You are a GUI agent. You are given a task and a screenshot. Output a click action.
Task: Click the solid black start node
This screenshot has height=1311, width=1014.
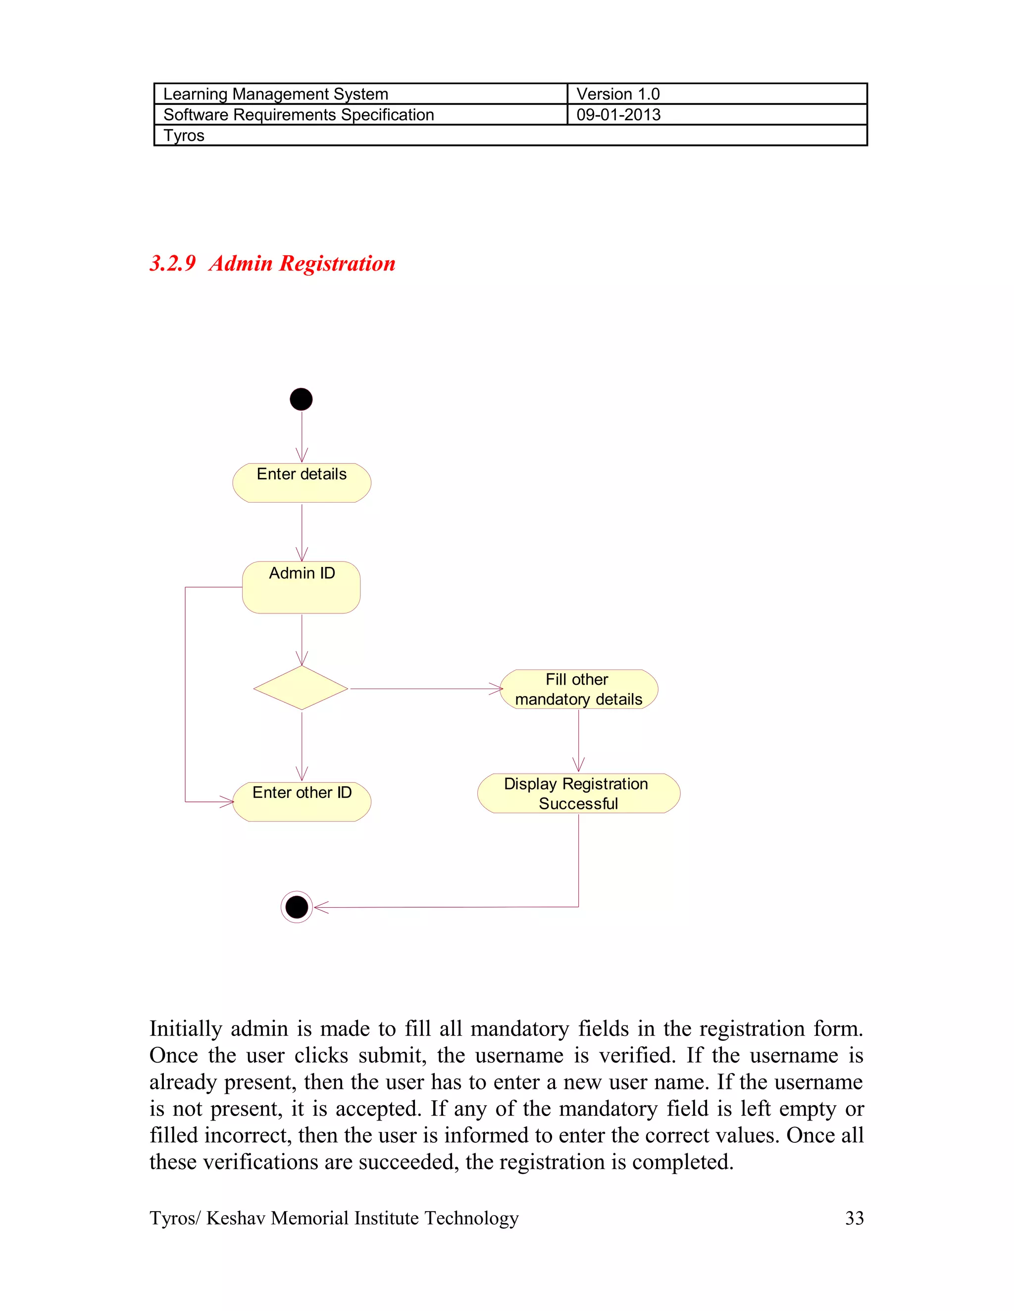click(301, 399)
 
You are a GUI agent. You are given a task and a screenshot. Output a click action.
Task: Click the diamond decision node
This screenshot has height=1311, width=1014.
click(301, 688)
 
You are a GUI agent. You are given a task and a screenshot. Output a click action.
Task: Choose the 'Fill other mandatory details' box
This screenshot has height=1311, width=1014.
click(578, 689)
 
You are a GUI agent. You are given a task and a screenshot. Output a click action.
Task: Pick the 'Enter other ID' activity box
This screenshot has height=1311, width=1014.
click(302, 801)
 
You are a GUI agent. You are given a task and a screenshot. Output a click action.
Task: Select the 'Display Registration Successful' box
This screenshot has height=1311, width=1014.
click(578, 793)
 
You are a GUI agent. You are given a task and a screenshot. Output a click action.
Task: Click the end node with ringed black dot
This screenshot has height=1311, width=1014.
click(297, 907)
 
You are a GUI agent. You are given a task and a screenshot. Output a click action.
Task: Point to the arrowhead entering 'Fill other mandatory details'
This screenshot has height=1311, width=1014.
click(497, 689)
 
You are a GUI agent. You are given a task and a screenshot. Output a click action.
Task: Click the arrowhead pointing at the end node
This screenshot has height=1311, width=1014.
click(321, 907)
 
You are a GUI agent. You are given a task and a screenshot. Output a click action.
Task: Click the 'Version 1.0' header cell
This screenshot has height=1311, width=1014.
click(617, 94)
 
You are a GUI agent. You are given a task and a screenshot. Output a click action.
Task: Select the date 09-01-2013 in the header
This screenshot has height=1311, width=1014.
click(618, 115)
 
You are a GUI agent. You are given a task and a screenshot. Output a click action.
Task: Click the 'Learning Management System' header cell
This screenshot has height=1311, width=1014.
click(276, 94)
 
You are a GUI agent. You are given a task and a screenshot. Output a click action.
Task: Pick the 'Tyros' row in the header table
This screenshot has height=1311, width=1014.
click(184, 136)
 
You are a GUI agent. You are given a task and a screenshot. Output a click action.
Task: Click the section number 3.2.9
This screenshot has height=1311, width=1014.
click(173, 263)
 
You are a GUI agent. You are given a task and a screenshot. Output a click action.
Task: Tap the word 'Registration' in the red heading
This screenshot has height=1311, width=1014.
click(337, 263)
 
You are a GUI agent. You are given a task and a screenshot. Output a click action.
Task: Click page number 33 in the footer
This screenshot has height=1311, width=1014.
click(854, 1218)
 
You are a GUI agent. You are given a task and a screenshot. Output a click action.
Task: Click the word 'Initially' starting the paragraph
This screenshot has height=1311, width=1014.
click(186, 1029)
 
